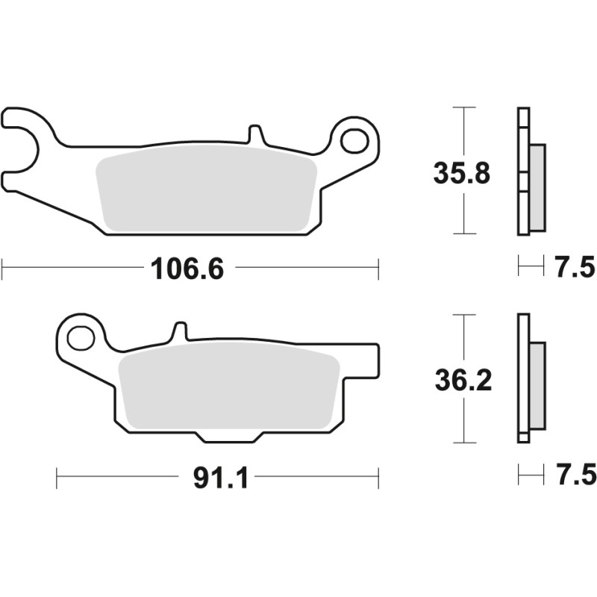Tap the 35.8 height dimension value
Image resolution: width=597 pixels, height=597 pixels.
click(x=462, y=173)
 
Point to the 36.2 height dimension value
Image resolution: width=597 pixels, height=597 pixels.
click(x=463, y=381)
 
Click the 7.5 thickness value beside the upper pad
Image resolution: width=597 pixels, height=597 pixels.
click(x=575, y=266)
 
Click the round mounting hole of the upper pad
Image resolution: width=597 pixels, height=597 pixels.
click(x=354, y=140)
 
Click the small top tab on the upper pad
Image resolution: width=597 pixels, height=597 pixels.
click(x=255, y=135)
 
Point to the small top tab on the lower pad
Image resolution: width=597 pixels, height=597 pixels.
click(x=179, y=332)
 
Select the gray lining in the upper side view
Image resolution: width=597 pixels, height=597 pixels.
click(x=537, y=187)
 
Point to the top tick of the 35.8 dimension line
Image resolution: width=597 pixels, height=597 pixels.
click(x=464, y=108)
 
